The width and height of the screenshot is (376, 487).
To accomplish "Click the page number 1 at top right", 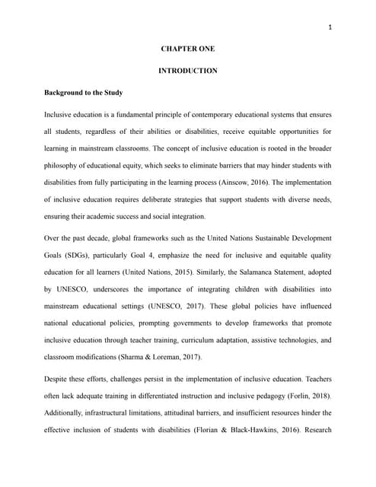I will (330, 28).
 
